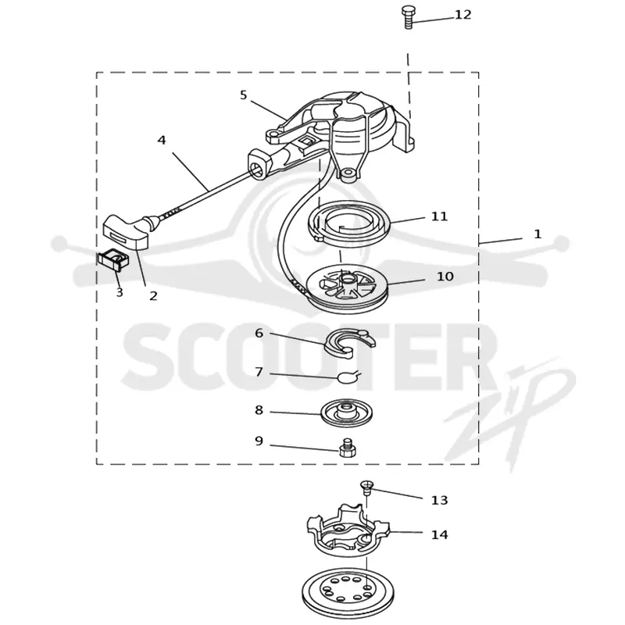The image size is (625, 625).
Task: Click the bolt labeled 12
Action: (409, 17)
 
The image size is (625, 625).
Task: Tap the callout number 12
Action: (462, 15)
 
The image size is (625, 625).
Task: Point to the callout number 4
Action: (162, 141)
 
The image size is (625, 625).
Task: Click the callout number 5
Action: (244, 95)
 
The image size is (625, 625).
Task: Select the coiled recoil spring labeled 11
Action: (350, 226)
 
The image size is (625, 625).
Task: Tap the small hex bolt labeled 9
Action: (347, 448)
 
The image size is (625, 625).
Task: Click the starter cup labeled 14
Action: (347, 528)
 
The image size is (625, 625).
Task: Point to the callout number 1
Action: (537, 234)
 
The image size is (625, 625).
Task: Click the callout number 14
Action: (439, 534)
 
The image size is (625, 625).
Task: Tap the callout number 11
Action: (439, 216)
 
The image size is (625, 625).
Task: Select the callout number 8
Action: (259, 409)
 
